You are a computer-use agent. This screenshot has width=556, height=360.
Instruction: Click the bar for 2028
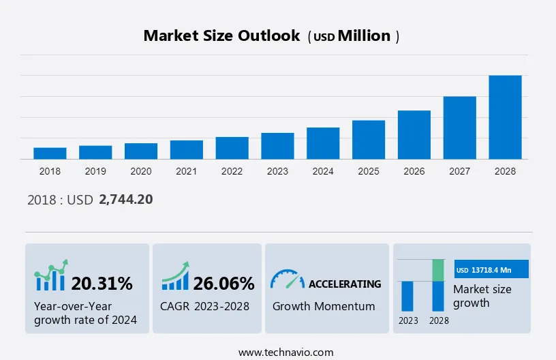[x=505, y=117]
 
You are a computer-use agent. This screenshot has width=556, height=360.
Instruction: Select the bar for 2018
[x=50, y=153]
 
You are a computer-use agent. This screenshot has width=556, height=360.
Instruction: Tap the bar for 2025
[x=369, y=140]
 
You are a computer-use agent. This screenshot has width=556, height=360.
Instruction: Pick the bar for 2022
[x=232, y=148]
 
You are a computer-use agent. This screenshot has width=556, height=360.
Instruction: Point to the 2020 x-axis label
[x=141, y=171]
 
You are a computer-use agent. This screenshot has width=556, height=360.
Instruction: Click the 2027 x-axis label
[x=459, y=171]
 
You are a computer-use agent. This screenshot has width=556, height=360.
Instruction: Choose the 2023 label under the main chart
[x=277, y=171]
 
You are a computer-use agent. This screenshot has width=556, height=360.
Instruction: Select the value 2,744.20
[x=126, y=200]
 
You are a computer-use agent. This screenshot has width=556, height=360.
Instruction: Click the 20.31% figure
[x=102, y=283]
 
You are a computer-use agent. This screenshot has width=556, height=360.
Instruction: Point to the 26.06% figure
[x=223, y=283]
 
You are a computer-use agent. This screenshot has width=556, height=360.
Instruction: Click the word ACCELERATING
[x=345, y=284]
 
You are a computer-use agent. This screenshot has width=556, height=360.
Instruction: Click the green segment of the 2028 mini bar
[x=439, y=270]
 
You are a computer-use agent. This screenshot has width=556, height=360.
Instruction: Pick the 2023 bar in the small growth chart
[x=407, y=296]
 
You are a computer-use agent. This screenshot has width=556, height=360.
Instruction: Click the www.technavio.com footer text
[x=277, y=352]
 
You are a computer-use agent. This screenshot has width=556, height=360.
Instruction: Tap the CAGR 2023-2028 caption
[x=205, y=306]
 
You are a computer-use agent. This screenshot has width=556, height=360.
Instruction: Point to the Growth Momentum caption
[x=324, y=306]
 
